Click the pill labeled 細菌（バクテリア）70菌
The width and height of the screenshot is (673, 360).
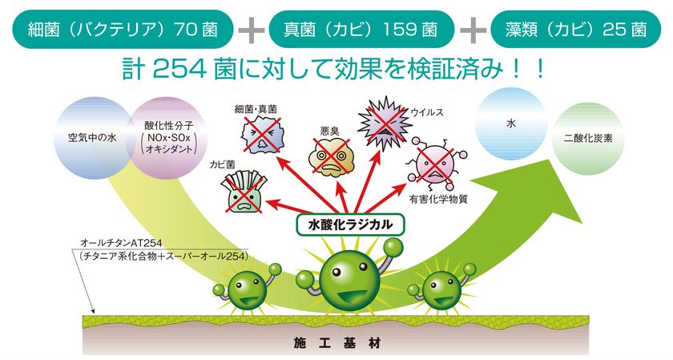click(123, 29)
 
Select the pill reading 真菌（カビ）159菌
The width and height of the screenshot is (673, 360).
click(361, 29)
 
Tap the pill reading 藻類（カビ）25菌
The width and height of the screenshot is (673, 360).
click(575, 29)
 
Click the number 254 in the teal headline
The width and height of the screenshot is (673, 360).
click(179, 70)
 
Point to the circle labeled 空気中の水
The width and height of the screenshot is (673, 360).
click(92, 138)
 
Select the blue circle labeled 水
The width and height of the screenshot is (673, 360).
click(511, 124)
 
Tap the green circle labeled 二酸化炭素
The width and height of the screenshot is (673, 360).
click(588, 139)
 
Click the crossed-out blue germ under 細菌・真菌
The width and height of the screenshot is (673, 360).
click(262, 136)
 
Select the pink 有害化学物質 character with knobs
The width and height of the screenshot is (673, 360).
click(435, 164)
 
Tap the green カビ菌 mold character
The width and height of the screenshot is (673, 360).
click(244, 192)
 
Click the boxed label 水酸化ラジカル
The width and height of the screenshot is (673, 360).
click(350, 224)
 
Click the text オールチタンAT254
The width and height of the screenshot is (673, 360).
click(121, 243)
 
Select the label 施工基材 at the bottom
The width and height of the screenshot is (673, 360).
click(337, 344)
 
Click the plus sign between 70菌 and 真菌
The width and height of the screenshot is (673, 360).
click(251, 30)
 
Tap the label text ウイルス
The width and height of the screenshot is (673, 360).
click(427, 112)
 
